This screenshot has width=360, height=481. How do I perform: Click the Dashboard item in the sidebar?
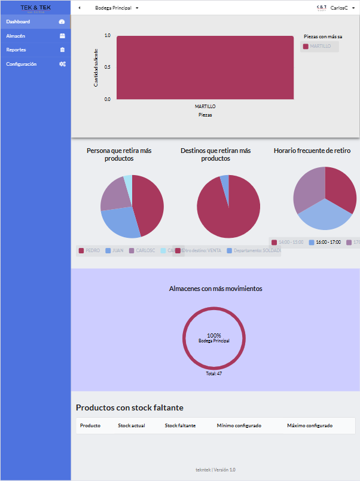pyautogui.click(x=19, y=22)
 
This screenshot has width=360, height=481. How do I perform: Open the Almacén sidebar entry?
pyautogui.click(x=16, y=36)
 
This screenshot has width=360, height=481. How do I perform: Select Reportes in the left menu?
pyautogui.click(x=16, y=50)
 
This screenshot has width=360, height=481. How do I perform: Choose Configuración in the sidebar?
pyautogui.click(x=22, y=64)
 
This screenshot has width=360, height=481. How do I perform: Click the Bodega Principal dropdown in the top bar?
pyautogui.click(x=117, y=8)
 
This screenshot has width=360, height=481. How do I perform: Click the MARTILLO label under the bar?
pyautogui.click(x=205, y=106)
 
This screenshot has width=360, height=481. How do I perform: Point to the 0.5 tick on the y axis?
pyautogui.click(x=107, y=67)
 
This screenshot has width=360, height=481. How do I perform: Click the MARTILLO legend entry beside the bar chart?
pyautogui.click(x=320, y=46)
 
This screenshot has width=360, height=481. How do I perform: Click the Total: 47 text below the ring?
pyautogui.click(x=213, y=373)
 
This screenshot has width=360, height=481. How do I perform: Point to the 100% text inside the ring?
pyautogui.click(x=213, y=335)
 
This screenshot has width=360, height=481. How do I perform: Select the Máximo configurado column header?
pyautogui.click(x=309, y=425)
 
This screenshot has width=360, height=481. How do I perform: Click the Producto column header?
pyautogui.click(x=90, y=425)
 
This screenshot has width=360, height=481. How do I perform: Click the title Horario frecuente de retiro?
pyautogui.click(x=312, y=151)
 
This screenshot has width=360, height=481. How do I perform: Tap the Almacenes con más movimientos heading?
pyautogui.click(x=215, y=289)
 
